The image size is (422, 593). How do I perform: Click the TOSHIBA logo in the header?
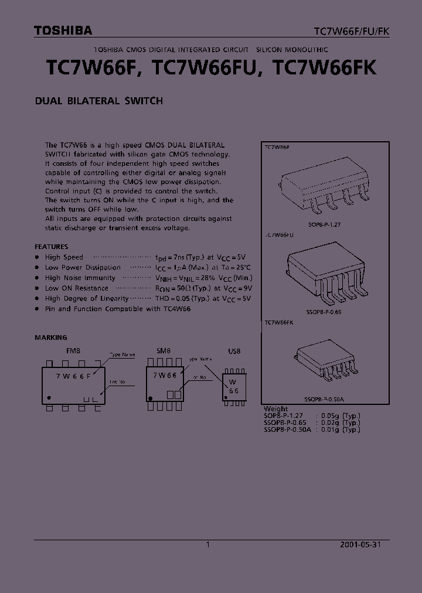point(63,30)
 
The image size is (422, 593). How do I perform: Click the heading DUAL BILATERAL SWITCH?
point(98,101)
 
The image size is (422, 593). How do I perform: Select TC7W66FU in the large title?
point(203,68)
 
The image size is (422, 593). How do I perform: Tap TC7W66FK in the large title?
point(325,68)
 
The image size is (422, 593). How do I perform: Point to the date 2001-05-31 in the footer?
point(360,544)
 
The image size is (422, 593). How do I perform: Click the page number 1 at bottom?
point(207,544)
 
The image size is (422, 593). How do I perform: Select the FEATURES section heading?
point(51,247)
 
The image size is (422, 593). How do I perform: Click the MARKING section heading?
point(51,338)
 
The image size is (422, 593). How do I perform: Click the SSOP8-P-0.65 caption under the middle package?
point(324,312)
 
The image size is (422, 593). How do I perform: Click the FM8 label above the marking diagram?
point(73,351)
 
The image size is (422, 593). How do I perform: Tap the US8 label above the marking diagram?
point(234,351)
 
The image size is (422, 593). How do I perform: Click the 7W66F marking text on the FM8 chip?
point(73,376)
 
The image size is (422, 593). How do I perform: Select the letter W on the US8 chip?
point(233,381)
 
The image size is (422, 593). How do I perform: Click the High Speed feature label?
point(64,257)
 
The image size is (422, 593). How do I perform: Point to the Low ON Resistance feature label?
point(76,288)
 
